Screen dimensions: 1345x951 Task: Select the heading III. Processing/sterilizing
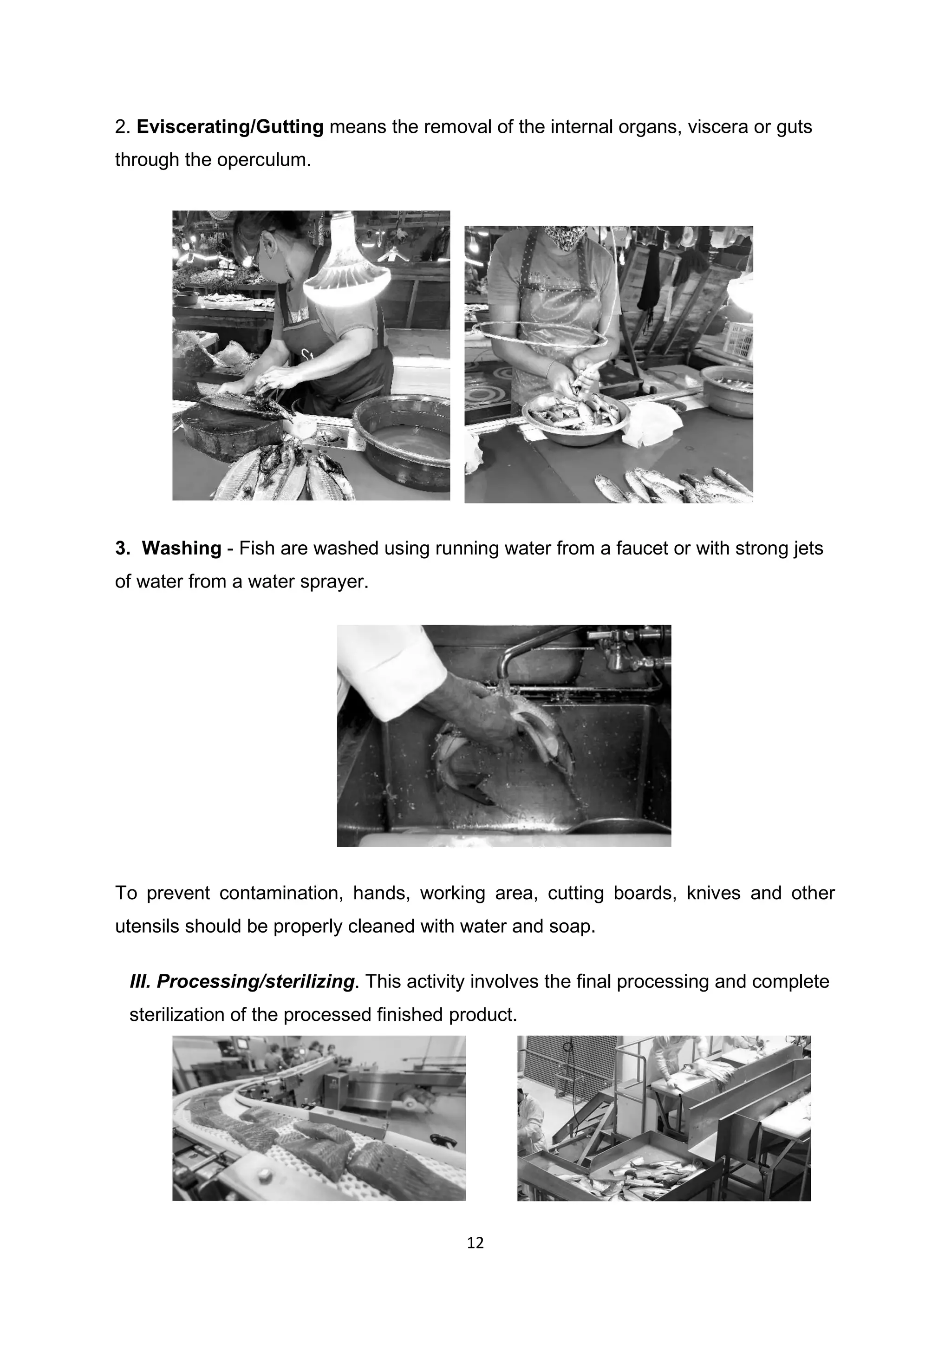tap(242, 981)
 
